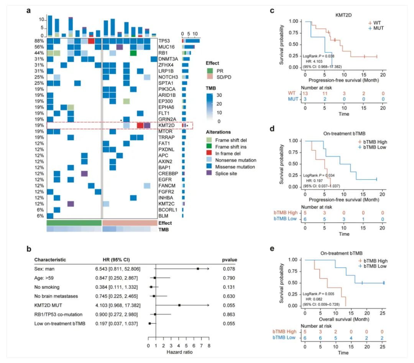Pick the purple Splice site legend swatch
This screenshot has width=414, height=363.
click(209, 173)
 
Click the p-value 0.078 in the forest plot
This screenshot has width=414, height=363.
click(229, 269)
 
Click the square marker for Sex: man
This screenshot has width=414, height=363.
click(198, 269)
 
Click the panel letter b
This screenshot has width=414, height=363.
click(29, 249)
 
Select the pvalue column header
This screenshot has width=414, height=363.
click(229, 260)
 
